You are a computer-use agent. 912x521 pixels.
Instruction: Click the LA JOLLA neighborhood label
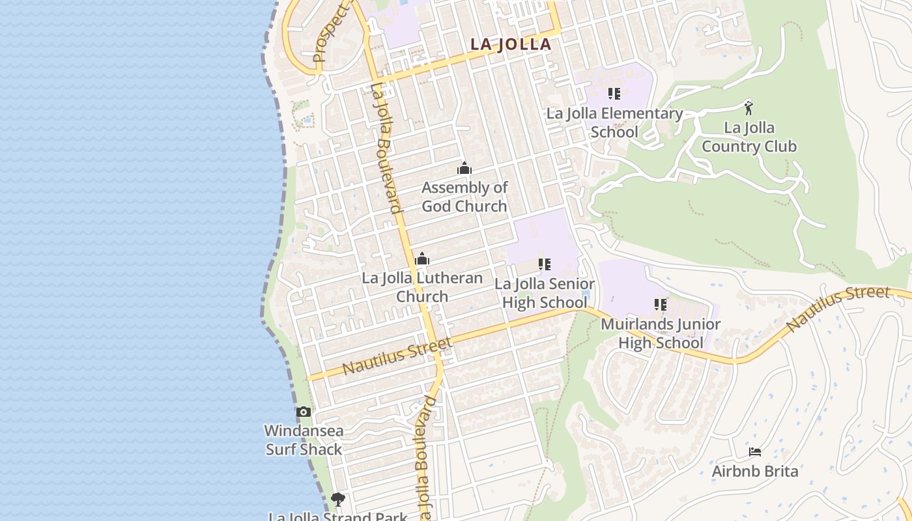511,44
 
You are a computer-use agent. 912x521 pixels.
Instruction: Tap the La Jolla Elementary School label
614,122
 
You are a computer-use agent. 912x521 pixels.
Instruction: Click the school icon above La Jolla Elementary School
614,94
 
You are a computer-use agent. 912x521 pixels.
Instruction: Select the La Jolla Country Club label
749,137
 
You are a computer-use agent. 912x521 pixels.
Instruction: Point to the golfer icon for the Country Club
749,107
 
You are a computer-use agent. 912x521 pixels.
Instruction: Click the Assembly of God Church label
464,197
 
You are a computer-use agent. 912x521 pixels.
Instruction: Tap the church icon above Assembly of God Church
464,169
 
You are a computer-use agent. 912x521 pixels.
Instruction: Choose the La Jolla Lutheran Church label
422,287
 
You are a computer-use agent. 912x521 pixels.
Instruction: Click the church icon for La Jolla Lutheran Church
422,259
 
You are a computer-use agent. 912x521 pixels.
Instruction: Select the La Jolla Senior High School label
544,293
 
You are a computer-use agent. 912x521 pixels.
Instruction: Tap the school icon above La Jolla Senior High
544,264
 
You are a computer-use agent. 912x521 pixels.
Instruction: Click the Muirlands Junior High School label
661,333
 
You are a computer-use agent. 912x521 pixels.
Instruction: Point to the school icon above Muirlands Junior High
661,305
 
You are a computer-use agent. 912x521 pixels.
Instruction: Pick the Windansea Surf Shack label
304,440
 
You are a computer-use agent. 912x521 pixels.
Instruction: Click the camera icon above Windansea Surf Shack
304,412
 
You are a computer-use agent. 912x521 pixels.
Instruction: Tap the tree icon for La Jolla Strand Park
337,500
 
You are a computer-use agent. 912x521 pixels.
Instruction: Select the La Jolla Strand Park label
337,516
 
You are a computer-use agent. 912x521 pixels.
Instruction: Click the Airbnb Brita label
754,471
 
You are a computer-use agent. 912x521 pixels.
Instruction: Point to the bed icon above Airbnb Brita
754,451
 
